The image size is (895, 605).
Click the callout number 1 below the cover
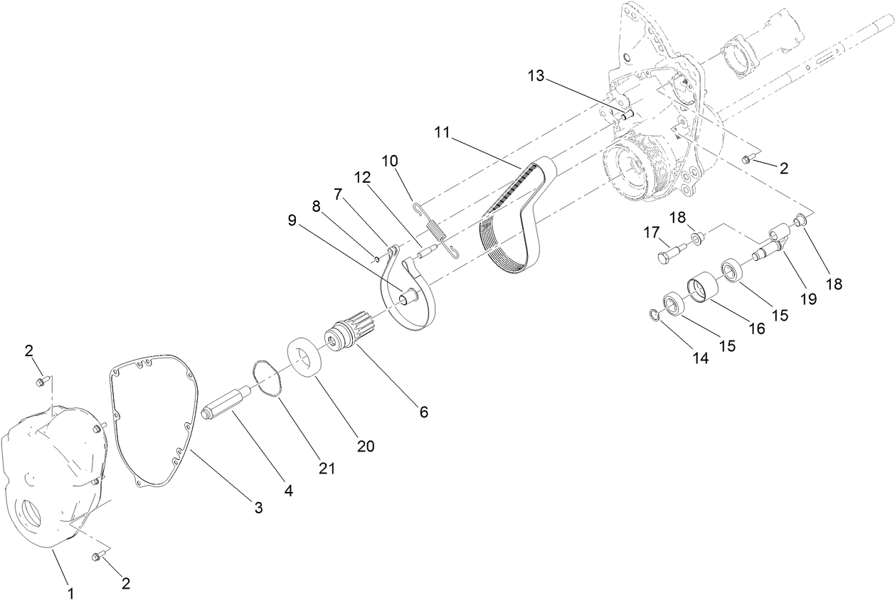coord(70,591)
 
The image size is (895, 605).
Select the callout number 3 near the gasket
coord(259,508)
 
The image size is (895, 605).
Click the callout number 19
coord(807,300)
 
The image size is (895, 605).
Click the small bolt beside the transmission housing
coord(746,160)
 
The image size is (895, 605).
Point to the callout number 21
coord(327,468)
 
